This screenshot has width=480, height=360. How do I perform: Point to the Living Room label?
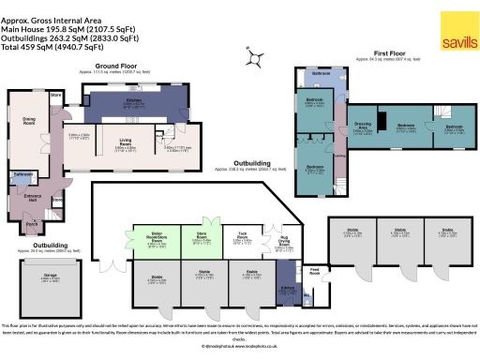point(127,143)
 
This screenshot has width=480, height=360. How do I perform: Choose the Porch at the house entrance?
point(33,224)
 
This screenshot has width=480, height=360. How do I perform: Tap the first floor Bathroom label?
point(322,73)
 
